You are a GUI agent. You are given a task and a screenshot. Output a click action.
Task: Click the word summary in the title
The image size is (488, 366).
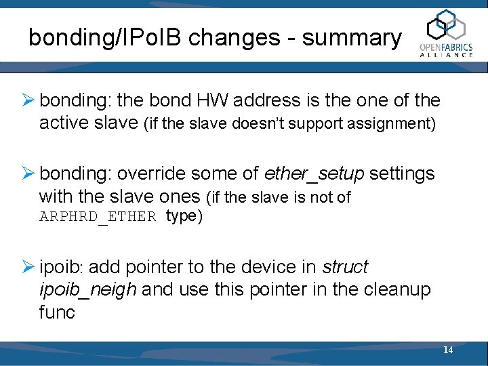click(x=352, y=38)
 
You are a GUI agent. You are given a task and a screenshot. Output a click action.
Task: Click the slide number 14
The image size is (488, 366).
click(x=448, y=350)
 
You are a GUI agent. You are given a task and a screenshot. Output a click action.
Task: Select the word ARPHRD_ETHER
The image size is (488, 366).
click(x=98, y=217)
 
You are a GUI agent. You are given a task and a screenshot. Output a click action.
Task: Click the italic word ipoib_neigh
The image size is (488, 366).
click(x=88, y=289)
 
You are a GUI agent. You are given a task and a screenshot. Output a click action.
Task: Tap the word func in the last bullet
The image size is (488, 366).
click(x=57, y=312)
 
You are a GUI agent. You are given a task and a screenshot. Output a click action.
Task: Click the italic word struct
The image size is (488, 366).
click(x=345, y=267)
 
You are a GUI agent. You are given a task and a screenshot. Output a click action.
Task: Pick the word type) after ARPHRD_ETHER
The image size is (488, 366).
click(x=184, y=217)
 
